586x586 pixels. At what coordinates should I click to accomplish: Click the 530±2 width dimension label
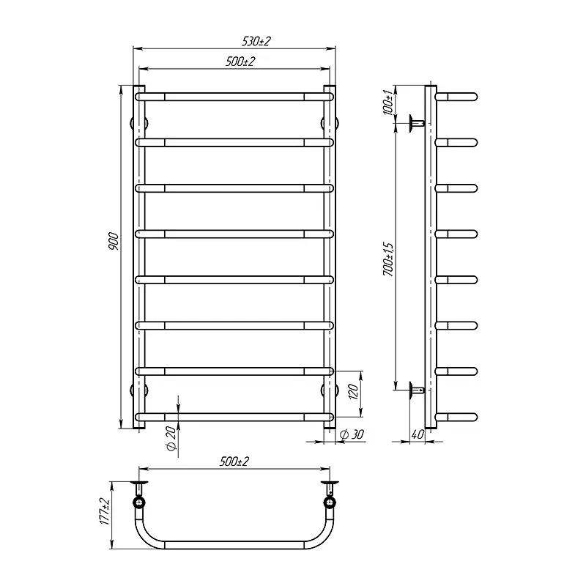tap(256, 41)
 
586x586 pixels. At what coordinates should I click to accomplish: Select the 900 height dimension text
tap(114, 242)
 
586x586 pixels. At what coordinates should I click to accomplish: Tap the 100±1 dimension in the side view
tap(389, 103)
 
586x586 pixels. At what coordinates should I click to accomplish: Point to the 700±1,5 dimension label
tap(389, 259)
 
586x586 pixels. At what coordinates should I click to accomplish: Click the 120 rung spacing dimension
tap(353, 391)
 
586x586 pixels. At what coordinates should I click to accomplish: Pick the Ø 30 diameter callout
tap(352, 434)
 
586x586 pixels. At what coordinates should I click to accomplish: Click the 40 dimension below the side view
tap(418, 434)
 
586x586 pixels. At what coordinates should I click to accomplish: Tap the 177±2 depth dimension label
tap(105, 511)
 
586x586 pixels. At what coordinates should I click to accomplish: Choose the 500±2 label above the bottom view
tap(234, 461)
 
